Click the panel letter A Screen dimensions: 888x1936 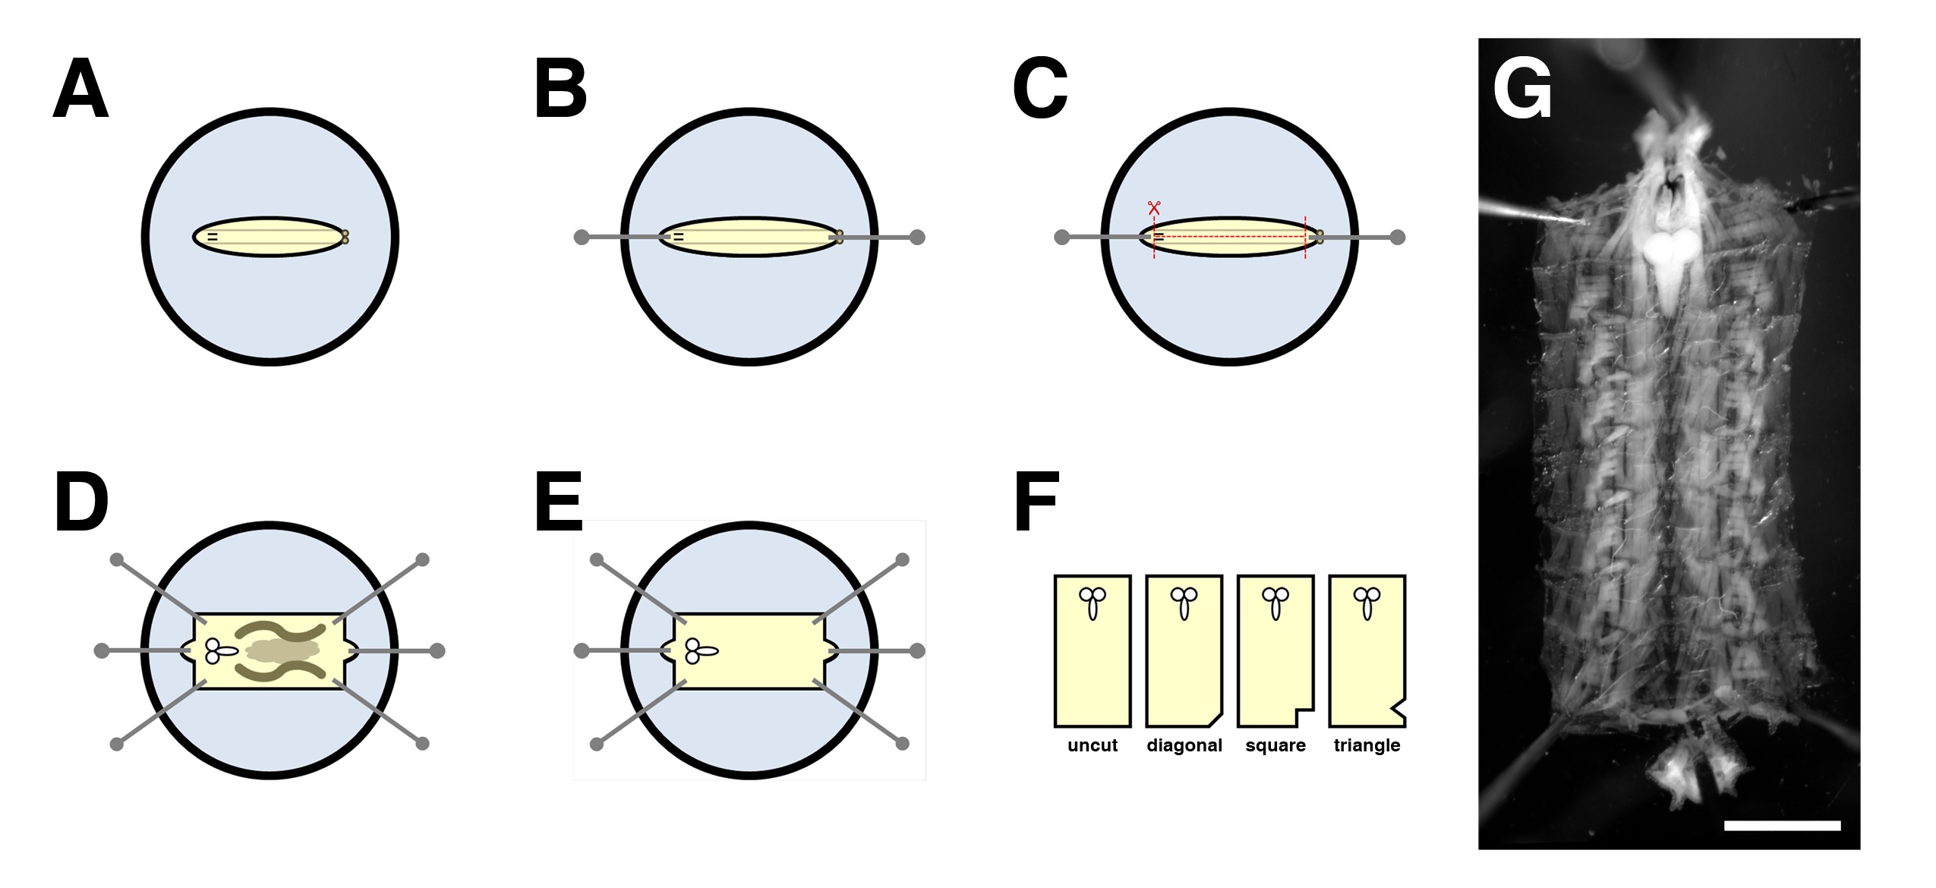(80, 89)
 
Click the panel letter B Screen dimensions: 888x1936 (560, 89)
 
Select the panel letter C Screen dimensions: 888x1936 (1040, 89)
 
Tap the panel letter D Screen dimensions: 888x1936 (81, 502)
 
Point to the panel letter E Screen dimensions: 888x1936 (559, 502)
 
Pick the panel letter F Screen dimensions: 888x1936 (1036, 502)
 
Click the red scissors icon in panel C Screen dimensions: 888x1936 (1154, 207)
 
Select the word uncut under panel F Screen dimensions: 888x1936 (1093, 745)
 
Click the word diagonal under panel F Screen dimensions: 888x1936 (1184, 745)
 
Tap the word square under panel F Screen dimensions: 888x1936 (1275, 745)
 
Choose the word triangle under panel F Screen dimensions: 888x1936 (1367, 745)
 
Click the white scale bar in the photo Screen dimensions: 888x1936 (1782, 826)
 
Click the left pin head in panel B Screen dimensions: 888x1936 (582, 238)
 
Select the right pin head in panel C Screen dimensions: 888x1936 (1397, 238)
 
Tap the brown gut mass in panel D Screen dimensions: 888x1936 (282, 651)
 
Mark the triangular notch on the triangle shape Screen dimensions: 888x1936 (1398, 710)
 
